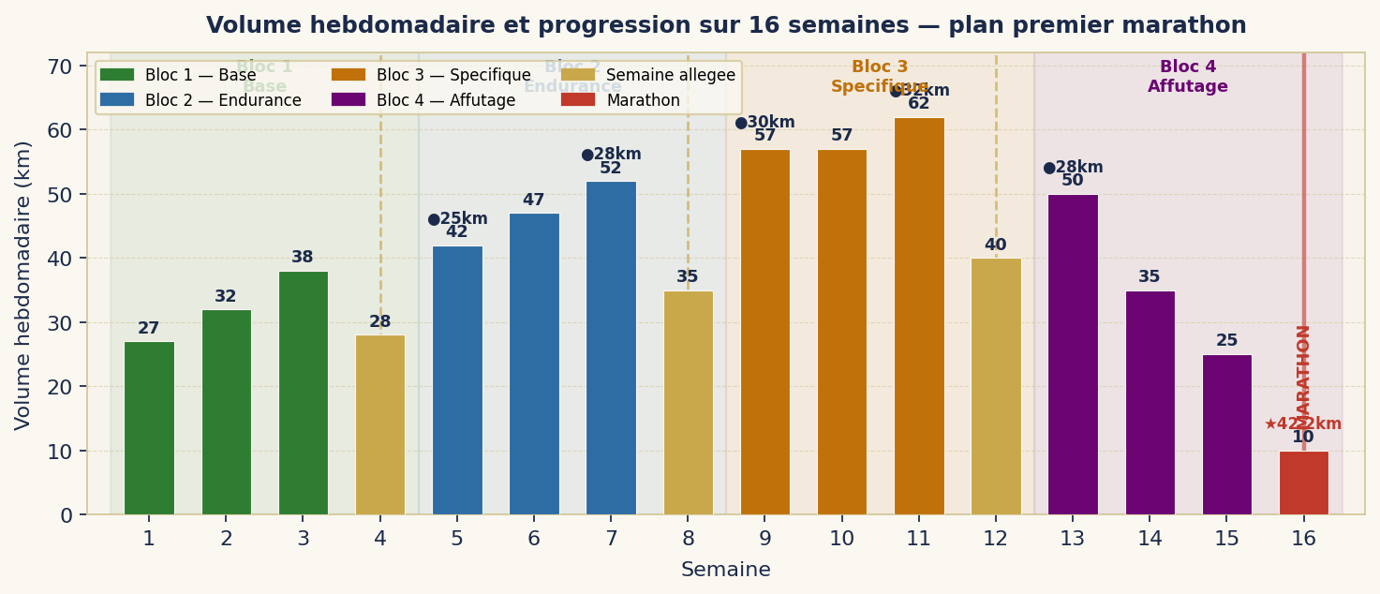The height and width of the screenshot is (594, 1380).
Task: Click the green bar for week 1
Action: (x=149, y=428)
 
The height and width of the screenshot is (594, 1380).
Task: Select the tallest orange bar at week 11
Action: (x=919, y=316)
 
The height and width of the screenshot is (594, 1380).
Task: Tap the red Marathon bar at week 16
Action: (x=1303, y=483)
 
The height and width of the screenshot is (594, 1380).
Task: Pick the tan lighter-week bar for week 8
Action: (x=688, y=403)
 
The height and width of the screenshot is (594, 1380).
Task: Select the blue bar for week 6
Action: (x=534, y=364)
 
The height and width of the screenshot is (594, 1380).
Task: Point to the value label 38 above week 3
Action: (x=303, y=258)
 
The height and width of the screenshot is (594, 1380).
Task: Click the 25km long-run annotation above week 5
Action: (x=458, y=219)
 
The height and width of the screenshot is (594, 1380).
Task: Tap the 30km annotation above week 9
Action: (x=765, y=123)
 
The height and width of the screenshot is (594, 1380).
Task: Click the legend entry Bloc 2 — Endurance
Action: (x=223, y=100)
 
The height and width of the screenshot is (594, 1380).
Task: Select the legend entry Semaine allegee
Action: (x=670, y=75)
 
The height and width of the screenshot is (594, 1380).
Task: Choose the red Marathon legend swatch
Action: (x=577, y=100)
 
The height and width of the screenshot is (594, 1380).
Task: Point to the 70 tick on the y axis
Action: (x=61, y=67)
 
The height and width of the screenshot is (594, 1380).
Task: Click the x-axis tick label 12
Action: (x=996, y=539)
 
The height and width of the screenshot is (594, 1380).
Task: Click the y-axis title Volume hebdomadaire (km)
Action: (x=23, y=285)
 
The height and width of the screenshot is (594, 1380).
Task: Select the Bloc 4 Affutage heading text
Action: (x=1187, y=77)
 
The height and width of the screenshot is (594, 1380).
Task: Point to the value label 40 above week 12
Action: (x=996, y=245)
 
